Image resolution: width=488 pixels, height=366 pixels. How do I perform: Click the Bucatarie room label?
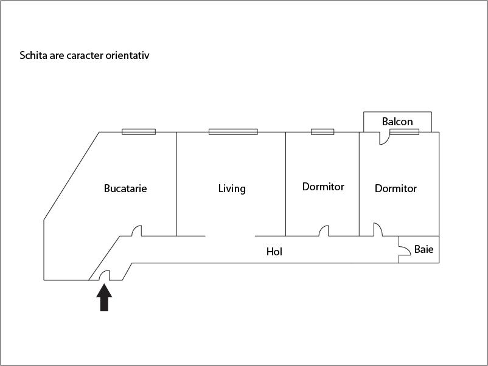click(125, 188)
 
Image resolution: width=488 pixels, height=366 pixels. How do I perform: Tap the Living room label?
click(232, 188)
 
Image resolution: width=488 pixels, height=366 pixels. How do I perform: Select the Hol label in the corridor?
click(274, 252)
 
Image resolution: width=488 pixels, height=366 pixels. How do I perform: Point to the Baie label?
click(424, 249)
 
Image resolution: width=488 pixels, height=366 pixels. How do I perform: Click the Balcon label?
click(397, 121)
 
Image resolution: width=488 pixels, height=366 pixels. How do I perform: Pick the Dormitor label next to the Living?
click(323, 187)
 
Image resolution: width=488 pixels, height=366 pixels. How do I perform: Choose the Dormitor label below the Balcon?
click(396, 188)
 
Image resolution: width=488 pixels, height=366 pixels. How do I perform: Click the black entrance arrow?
click(104, 297)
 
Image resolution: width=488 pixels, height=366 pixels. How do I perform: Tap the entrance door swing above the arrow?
click(105, 275)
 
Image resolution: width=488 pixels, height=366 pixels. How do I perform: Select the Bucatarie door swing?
click(137, 231)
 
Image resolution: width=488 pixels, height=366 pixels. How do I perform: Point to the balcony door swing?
click(384, 139)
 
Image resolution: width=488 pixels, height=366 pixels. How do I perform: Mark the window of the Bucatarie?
click(139, 132)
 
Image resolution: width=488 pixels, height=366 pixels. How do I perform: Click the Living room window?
click(233, 132)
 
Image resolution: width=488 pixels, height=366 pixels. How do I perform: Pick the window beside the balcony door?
click(404, 132)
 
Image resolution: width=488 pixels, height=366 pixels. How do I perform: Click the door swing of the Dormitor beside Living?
click(324, 231)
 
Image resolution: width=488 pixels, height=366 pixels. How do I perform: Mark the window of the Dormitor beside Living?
click(322, 132)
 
